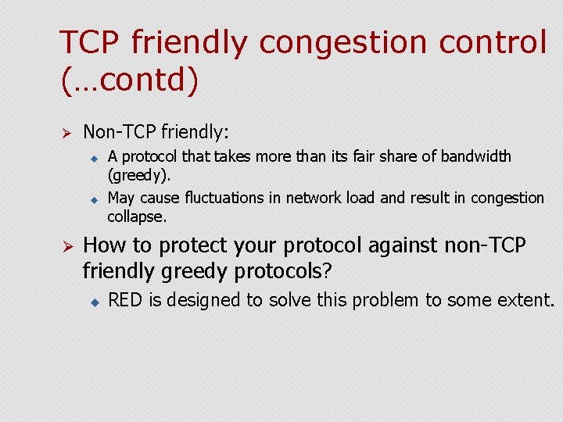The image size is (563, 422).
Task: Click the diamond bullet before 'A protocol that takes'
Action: [91, 158]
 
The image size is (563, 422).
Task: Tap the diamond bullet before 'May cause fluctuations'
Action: [91, 199]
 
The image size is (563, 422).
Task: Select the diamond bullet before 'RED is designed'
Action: [91, 300]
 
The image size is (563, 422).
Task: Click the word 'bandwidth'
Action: [476, 156]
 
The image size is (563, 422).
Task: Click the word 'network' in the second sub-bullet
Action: [315, 198]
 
